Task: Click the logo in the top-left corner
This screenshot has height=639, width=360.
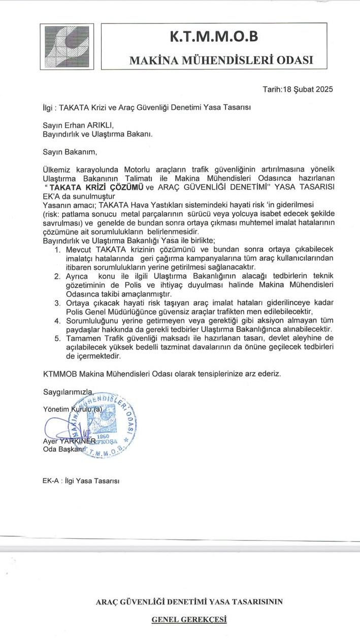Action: pyautogui.click(x=68, y=47)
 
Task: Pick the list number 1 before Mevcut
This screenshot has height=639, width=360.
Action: pyautogui.click(x=57, y=249)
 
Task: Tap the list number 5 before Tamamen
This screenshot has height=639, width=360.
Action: pyautogui.click(x=57, y=338)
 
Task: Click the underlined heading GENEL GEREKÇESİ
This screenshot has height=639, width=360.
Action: pyautogui.click(x=189, y=620)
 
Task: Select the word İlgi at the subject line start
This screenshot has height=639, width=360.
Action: pyautogui.click(x=49, y=108)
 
